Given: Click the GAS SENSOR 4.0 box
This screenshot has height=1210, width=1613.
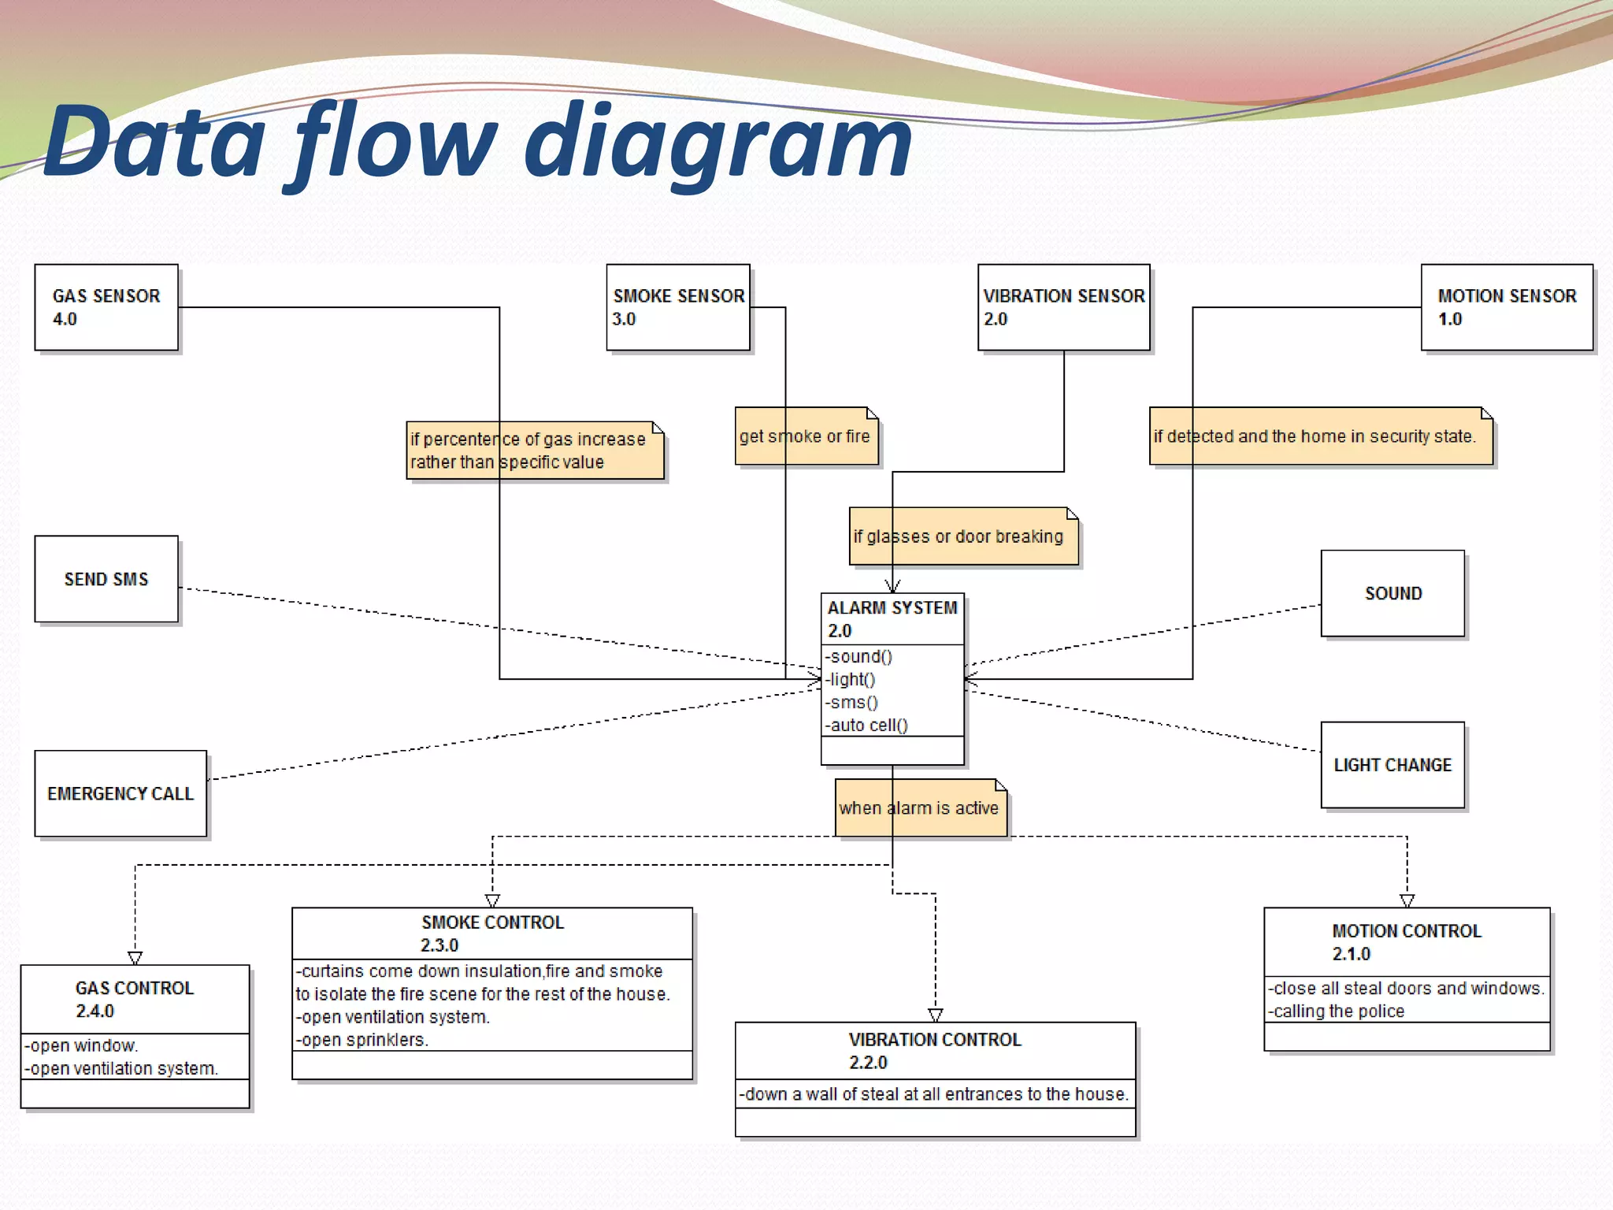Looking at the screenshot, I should click(106, 307).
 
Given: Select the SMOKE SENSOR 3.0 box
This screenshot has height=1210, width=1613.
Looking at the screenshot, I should click(677, 307).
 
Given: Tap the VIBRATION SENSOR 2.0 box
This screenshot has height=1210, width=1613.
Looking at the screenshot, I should click(1063, 307).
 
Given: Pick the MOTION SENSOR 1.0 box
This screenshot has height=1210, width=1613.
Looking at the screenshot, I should click(1506, 307).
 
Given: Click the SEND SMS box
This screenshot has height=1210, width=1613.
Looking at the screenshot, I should click(106, 579).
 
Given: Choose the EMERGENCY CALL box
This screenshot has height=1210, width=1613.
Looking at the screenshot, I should click(121, 793).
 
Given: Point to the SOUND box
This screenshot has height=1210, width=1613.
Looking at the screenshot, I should click(1392, 593).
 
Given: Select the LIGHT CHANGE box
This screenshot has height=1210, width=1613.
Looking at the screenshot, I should click(1392, 765).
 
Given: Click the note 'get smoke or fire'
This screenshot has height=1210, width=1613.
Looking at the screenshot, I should click(806, 436).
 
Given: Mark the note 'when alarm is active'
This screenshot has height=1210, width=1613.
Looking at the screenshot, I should click(920, 808).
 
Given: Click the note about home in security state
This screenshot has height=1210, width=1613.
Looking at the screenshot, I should click(1320, 436).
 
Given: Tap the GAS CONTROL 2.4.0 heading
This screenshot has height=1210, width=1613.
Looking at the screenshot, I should click(135, 999).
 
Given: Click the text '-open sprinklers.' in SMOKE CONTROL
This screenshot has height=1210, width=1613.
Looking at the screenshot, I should click(363, 1040).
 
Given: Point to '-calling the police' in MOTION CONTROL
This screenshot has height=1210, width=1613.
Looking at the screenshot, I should click(1338, 1011).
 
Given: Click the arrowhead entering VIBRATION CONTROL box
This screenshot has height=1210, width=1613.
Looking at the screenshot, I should click(935, 1015).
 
